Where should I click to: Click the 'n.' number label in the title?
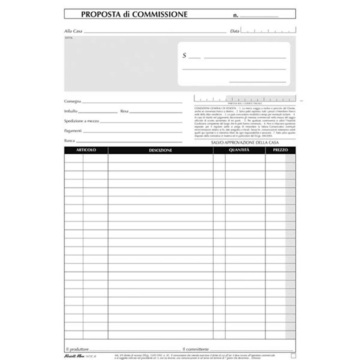(x=236, y=15)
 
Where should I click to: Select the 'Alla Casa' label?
(x=73, y=31)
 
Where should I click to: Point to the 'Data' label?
(x=234, y=31)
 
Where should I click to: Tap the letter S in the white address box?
(x=185, y=56)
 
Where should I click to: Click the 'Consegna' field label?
(x=72, y=101)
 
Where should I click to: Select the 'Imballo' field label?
(x=71, y=111)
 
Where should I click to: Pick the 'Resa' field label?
(x=124, y=111)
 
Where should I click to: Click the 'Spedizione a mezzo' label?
(x=82, y=121)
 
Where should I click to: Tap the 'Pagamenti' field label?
(x=73, y=131)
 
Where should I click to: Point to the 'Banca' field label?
(x=70, y=141)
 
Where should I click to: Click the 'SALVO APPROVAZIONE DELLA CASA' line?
(x=245, y=143)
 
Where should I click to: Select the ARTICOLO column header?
(x=86, y=150)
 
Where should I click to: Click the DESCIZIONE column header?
(x=160, y=150)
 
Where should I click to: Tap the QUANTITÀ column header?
(x=239, y=150)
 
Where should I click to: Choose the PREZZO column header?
(x=280, y=150)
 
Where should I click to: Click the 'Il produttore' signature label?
(x=77, y=349)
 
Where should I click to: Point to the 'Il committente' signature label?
(x=196, y=349)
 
